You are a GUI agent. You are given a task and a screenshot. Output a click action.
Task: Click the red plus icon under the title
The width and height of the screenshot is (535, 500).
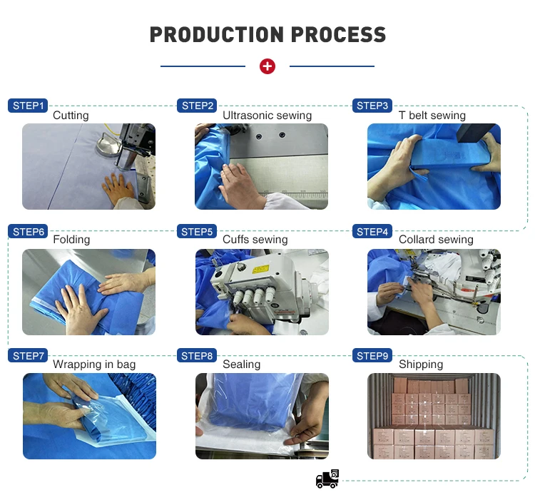pyautogui.click(x=267, y=66)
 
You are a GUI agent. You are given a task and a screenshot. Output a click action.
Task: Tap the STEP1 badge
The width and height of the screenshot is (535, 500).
pyautogui.click(x=28, y=106)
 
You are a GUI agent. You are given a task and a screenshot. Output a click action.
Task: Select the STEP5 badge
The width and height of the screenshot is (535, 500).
pyautogui.click(x=197, y=232)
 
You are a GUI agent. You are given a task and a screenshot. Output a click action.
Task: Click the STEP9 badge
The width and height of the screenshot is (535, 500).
pyautogui.click(x=372, y=356)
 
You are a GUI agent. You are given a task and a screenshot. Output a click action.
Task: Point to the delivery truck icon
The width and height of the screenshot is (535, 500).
pyautogui.click(x=327, y=479)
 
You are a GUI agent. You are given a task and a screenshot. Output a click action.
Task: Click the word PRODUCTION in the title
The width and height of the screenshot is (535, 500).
pyautogui.click(x=217, y=34)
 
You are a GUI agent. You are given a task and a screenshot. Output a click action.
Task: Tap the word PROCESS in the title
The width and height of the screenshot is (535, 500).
pyautogui.click(x=338, y=34)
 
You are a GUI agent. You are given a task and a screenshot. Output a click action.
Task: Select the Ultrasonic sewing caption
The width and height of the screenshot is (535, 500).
pyautogui.click(x=267, y=116)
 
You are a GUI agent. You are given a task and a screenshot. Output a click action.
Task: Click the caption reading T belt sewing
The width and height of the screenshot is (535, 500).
pyautogui.click(x=432, y=116)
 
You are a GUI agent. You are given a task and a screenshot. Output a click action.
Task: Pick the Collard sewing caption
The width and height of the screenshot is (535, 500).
pyautogui.click(x=436, y=240)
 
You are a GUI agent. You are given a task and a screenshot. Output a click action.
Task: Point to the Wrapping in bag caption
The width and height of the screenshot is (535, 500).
pyautogui.click(x=94, y=364)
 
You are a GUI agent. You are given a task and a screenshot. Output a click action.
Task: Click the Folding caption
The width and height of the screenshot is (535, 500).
pyautogui.click(x=71, y=240)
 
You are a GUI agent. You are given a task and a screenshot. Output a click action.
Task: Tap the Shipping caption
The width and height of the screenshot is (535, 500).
pyautogui.click(x=421, y=364)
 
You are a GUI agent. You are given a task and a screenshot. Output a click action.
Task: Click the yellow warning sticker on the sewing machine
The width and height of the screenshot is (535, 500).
pyautogui.click(x=260, y=270)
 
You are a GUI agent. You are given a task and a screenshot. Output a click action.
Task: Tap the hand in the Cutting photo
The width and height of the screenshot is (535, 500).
pyautogui.click(x=118, y=188)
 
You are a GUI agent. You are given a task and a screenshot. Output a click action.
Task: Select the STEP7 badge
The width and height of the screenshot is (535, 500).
pyautogui.click(x=28, y=356)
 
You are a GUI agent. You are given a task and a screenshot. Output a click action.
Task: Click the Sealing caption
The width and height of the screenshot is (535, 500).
pyautogui.click(x=241, y=364)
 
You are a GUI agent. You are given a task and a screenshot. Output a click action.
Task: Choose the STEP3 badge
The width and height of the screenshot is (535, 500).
pyautogui.click(x=372, y=106)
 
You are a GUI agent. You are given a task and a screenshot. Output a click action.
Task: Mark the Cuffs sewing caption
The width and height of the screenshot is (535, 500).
pyautogui.click(x=255, y=240)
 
